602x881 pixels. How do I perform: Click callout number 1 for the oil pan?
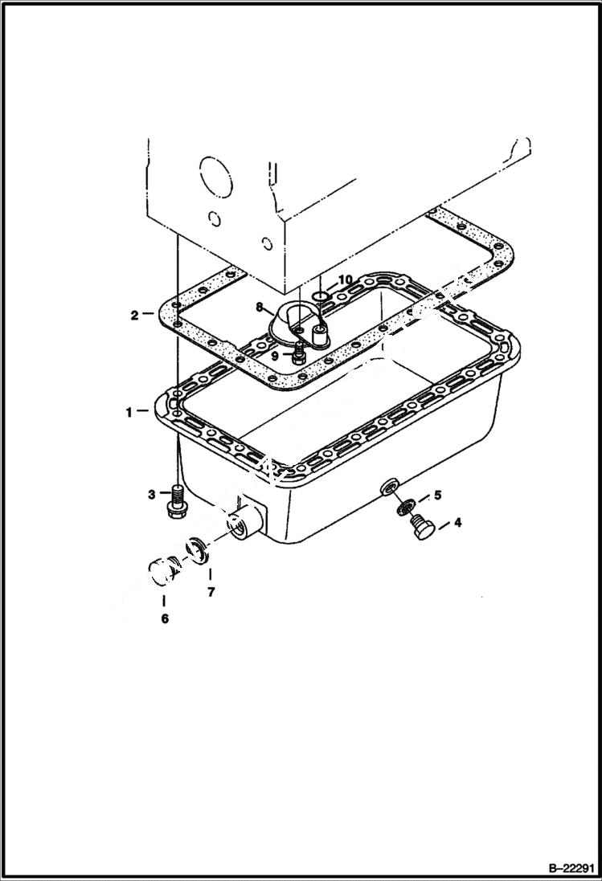pos(129,412)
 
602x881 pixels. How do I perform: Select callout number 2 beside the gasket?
pos(135,315)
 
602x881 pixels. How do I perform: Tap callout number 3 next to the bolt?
pos(151,495)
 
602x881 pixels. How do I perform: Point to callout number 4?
pos(457,523)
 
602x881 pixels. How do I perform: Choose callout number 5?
pos(437,495)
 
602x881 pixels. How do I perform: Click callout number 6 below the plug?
pos(165,619)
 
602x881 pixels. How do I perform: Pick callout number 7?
pos(211,593)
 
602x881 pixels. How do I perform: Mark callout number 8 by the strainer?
pos(260,306)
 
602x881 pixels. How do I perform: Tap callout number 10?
pos(345,279)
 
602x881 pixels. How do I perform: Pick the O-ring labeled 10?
pos(320,297)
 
